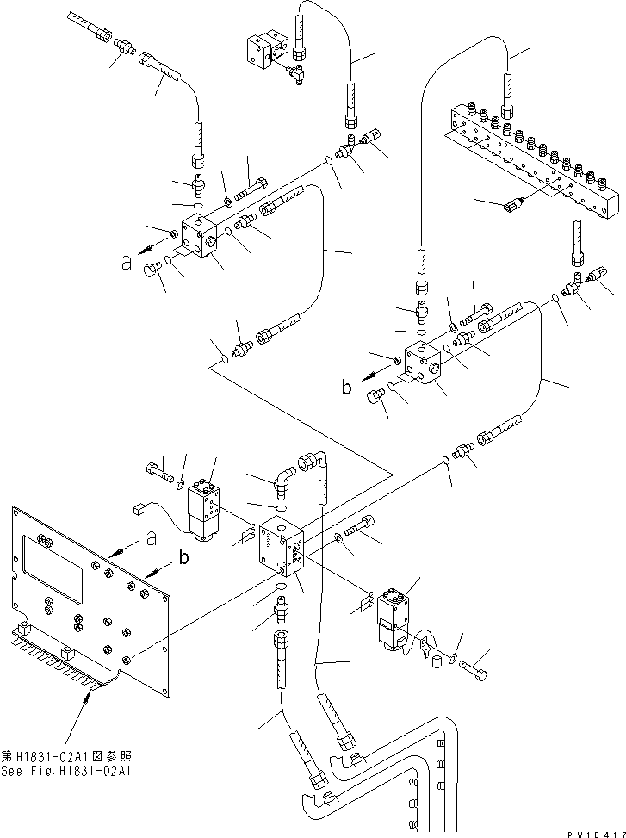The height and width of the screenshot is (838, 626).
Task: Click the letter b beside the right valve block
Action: point(346,388)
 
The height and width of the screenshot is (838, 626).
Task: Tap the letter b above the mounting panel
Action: point(183,557)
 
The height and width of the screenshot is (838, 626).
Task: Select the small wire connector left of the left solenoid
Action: point(138,511)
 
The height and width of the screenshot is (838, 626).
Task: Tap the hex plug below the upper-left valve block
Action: point(153,271)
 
